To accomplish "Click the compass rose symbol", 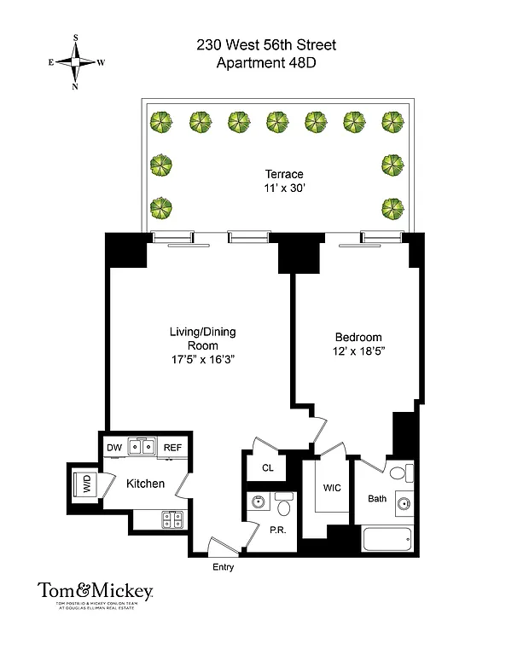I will click(76, 62).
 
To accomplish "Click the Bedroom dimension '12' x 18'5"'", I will click(358, 351).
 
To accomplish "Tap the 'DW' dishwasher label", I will click(113, 447).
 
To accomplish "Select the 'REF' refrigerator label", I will click(172, 447).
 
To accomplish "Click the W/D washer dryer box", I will click(86, 484).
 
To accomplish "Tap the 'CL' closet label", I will click(267, 468).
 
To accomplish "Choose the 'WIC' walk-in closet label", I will click(332, 490).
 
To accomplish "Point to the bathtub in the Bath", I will click(388, 540).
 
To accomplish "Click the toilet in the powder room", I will click(286, 508).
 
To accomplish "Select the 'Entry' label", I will click(222, 567).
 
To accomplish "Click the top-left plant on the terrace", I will click(160, 121).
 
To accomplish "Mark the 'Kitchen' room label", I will click(145, 484).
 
